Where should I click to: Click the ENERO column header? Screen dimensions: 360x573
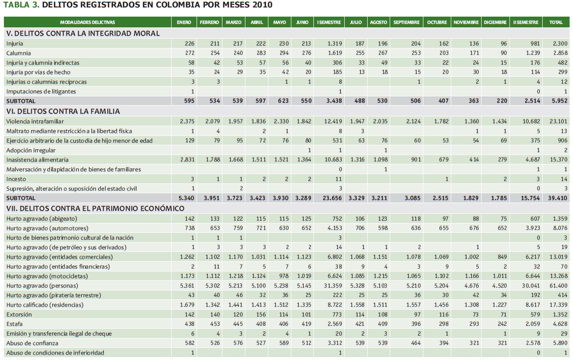coord(184,22)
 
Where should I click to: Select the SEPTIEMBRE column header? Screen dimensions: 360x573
coord(406,22)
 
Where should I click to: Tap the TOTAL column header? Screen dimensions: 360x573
coord(556,22)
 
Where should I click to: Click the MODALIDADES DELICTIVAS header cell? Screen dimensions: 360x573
coord(88,22)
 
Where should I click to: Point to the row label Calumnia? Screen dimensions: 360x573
coord(19,53)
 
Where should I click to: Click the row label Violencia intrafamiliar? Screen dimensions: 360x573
coord(35,121)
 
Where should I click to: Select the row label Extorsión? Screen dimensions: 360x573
coord(20,315)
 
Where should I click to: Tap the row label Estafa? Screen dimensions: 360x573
coord(15,324)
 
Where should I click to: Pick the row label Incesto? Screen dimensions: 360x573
coord(16,179)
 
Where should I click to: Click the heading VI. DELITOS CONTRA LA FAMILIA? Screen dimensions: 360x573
coord(63,111)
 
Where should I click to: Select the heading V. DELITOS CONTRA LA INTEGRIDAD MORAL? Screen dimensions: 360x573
coord(83,33)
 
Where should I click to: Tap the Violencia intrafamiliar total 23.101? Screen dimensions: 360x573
coord(558,121)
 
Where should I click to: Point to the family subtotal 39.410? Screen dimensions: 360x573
coord(558,198)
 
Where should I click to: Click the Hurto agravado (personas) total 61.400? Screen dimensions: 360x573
coord(558,285)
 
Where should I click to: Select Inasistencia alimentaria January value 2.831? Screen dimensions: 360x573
coord(186,160)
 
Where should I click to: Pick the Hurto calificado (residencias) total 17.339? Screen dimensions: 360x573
coord(558,305)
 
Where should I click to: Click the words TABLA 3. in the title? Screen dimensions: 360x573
coord(21,5)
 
